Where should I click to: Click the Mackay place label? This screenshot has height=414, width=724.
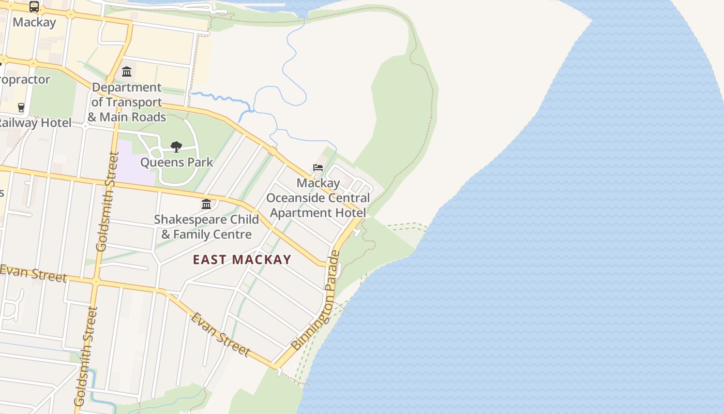click(x=34, y=22)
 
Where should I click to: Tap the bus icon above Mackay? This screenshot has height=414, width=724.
click(x=34, y=7)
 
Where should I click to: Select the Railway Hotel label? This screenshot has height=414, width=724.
click(x=35, y=123)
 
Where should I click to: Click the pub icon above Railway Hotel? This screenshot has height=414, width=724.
click(x=21, y=108)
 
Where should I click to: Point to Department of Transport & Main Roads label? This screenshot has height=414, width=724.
click(x=127, y=102)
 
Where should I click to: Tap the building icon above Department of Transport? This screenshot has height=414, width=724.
click(x=127, y=71)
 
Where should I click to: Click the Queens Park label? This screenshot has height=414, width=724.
click(x=176, y=162)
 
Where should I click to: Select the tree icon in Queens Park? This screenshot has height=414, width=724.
click(x=176, y=147)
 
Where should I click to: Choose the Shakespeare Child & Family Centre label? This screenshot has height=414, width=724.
click(x=206, y=227)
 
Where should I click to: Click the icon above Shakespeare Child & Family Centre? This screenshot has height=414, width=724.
click(x=206, y=204)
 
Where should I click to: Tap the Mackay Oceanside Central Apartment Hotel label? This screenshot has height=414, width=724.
click(x=318, y=198)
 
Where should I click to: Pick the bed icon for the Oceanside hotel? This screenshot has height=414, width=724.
click(x=318, y=168)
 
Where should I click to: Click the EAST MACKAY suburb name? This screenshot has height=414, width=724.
click(x=242, y=259)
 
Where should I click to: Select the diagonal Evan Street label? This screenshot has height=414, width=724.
click(x=220, y=334)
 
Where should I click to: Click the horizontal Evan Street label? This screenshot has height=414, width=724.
click(x=33, y=273)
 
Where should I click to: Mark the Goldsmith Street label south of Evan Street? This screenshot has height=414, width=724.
click(x=86, y=356)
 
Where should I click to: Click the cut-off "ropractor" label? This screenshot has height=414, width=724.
click(x=25, y=80)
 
